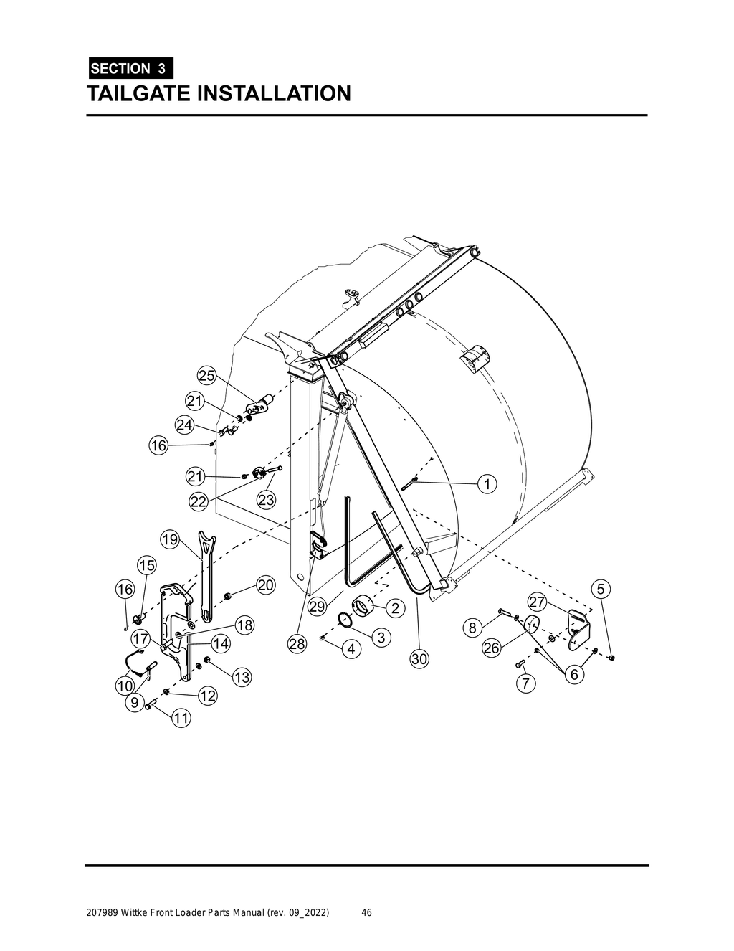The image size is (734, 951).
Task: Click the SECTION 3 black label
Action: click(130, 69)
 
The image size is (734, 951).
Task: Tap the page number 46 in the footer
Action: click(366, 913)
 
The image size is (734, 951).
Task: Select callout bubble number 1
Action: click(487, 484)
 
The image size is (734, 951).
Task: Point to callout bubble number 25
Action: click(206, 376)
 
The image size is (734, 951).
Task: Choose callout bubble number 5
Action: click(600, 589)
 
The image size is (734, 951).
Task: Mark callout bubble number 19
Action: click(169, 539)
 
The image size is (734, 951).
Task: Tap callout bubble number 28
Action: click(297, 644)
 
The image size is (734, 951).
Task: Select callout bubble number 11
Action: click(180, 717)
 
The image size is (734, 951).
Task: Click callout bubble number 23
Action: click(266, 500)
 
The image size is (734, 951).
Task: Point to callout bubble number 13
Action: click(242, 677)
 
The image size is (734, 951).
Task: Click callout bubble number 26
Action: click(491, 648)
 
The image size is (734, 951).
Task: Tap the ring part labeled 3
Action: click(345, 620)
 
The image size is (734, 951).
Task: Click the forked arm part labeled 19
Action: click(205, 574)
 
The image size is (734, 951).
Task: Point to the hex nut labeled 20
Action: click(228, 595)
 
